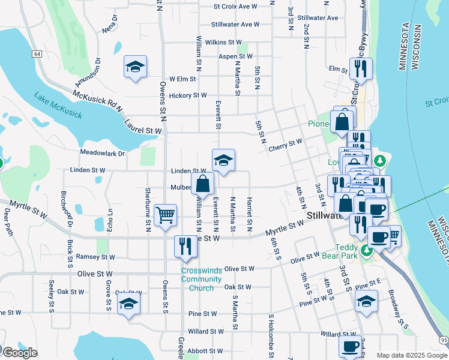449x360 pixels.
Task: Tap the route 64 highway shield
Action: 37,54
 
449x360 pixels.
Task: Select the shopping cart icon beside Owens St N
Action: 165,215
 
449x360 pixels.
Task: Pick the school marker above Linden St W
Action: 223,160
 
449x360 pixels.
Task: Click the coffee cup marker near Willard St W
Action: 350,346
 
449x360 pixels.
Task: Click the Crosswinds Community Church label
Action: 201,280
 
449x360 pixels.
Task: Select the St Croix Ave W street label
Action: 235,7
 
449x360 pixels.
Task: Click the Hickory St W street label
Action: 188,95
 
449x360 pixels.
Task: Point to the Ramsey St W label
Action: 95,257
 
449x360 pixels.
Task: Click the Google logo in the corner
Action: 19,353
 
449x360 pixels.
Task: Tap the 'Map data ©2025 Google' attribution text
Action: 412,355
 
